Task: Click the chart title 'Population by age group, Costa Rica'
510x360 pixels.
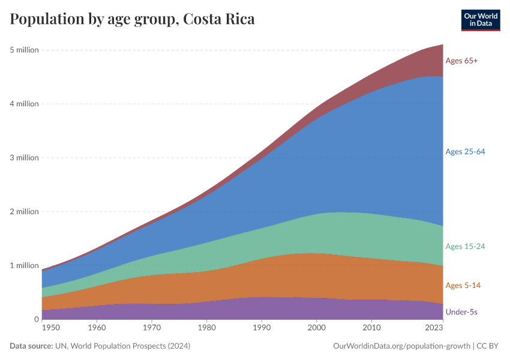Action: point(132,19)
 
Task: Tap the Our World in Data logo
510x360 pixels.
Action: point(480,20)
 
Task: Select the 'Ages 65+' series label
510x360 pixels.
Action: point(461,61)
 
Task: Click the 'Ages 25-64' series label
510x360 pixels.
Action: point(465,152)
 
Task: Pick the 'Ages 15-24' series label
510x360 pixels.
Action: point(465,247)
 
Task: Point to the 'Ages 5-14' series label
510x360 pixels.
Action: point(463,285)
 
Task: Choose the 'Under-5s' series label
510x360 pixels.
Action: point(461,312)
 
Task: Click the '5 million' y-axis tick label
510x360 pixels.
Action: point(24,50)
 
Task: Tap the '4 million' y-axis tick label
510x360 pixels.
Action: point(24,104)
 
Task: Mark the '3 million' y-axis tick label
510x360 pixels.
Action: point(24,158)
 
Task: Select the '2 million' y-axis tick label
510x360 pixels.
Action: point(24,212)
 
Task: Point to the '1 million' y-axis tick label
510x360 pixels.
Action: point(24,266)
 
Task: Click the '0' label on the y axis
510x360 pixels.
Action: point(36,319)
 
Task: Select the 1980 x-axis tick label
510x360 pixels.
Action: point(206,328)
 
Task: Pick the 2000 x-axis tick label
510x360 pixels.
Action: point(316,328)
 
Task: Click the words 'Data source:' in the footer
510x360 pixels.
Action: point(31,346)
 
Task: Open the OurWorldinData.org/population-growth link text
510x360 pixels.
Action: point(400,346)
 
